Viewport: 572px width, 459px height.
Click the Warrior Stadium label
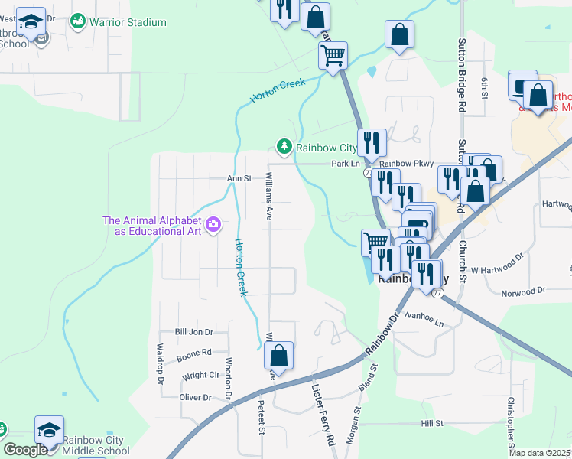pyautogui.click(x=127, y=22)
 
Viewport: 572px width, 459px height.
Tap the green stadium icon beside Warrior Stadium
pyautogui.click(x=78, y=22)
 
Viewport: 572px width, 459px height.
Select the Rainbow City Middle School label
pyautogui.click(x=96, y=445)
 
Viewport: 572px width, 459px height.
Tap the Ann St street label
pyautogui.click(x=239, y=178)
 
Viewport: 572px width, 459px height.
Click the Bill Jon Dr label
pyautogui.click(x=193, y=332)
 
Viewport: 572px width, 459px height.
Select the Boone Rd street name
pyautogui.click(x=193, y=353)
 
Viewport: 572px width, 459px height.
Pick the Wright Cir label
pyautogui.click(x=201, y=376)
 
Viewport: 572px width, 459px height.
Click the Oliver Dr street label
pyautogui.click(x=195, y=397)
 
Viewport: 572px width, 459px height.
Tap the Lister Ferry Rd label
pyautogui.click(x=323, y=414)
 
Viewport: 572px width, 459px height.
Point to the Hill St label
pyautogui.click(x=432, y=423)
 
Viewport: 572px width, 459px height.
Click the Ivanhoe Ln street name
pyautogui.click(x=424, y=319)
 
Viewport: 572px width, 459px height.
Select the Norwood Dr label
pyautogui.click(x=523, y=291)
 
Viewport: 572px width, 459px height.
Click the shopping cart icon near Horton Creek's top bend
pyautogui.click(x=333, y=55)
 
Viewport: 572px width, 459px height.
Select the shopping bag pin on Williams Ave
pyautogui.click(x=279, y=356)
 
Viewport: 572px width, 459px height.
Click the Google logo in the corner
pyautogui.click(x=24, y=450)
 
